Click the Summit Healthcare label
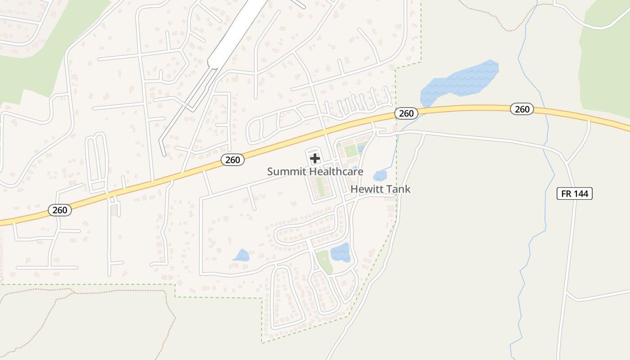click(315, 171)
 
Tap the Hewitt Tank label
click(380, 189)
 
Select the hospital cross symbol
click(315, 158)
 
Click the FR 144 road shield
click(575, 193)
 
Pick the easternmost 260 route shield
click(522, 109)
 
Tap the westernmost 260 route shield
click(59, 210)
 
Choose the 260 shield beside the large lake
click(406, 113)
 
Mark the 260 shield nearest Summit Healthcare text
click(233, 159)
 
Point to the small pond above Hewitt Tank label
click(380, 175)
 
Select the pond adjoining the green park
click(340, 252)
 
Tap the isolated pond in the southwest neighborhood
click(242, 256)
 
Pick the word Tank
click(400, 189)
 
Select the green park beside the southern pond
click(324, 261)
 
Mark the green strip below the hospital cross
click(320, 186)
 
